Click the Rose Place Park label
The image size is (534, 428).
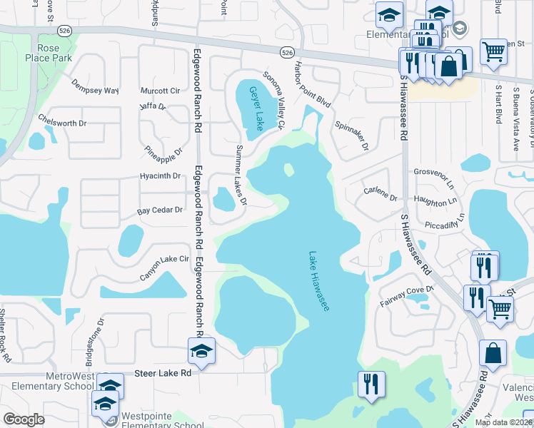(x=48, y=52)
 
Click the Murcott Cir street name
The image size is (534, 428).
(x=161, y=91)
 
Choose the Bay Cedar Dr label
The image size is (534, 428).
(x=160, y=210)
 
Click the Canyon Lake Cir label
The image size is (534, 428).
(x=164, y=267)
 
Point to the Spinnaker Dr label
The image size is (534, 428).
(x=351, y=135)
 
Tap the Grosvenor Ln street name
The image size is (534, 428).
(x=433, y=172)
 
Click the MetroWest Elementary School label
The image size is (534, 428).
(x=48, y=380)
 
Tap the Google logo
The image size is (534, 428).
(x=24, y=419)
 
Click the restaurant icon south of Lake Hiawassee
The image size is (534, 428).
(x=371, y=386)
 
